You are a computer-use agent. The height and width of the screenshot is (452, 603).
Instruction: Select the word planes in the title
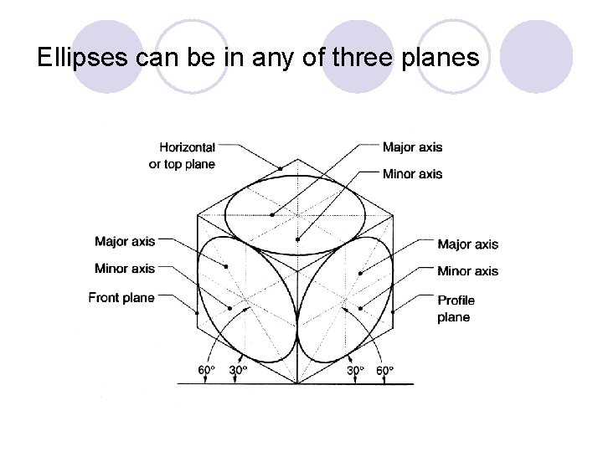[x=448, y=59]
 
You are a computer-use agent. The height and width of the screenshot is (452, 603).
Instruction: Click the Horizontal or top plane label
[x=182, y=156]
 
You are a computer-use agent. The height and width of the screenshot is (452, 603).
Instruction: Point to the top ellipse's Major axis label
[x=412, y=148]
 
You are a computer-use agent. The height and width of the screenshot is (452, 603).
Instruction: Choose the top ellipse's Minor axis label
[x=412, y=174]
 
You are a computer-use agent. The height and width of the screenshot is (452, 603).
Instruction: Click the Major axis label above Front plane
[x=125, y=242]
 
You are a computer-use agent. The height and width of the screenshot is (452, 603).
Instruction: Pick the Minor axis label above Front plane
[x=125, y=269]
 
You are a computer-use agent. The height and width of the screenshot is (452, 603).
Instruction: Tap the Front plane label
[x=121, y=298]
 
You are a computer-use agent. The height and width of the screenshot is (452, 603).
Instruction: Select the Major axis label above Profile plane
[x=467, y=244]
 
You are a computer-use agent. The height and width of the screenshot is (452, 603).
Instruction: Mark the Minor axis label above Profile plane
[x=467, y=270]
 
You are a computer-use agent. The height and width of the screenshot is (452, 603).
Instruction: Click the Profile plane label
[x=456, y=308]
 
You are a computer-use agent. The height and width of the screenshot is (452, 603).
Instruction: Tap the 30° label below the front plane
[x=239, y=369]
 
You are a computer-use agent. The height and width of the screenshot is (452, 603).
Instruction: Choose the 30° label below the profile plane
[x=356, y=369]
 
